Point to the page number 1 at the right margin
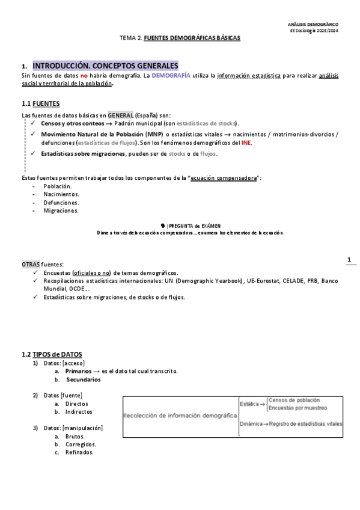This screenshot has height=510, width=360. click(349, 259)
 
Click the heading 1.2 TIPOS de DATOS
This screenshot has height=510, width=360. click(52, 354)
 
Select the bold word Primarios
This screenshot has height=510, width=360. click(79, 371)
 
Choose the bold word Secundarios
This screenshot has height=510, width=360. click(84, 379)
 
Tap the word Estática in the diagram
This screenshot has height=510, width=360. click(249, 404)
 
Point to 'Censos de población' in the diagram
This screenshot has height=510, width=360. click(294, 400)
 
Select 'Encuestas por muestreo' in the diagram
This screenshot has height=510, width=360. click(297, 408)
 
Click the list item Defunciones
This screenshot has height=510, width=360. click(62, 203)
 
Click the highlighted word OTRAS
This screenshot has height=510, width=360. click(31, 265)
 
